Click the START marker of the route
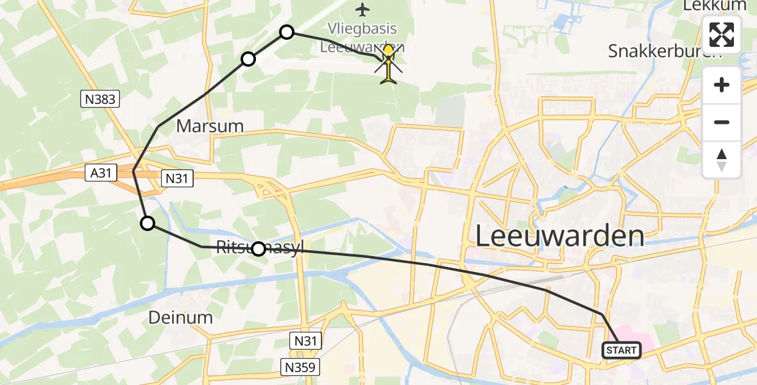point(621,350)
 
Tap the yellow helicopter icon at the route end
point(388,64)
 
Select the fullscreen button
point(722,35)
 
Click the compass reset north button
point(722,160)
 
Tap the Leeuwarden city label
point(559,237)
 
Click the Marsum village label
point(210,126)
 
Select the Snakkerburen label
point(665,52)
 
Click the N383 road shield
point(100,99)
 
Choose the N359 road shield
point(300,367)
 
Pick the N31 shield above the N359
point(307,341)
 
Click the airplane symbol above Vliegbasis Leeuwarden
point(363,10)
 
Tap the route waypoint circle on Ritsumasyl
point(258,249)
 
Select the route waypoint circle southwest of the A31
point(148,223)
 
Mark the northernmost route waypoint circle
point(287,32)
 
